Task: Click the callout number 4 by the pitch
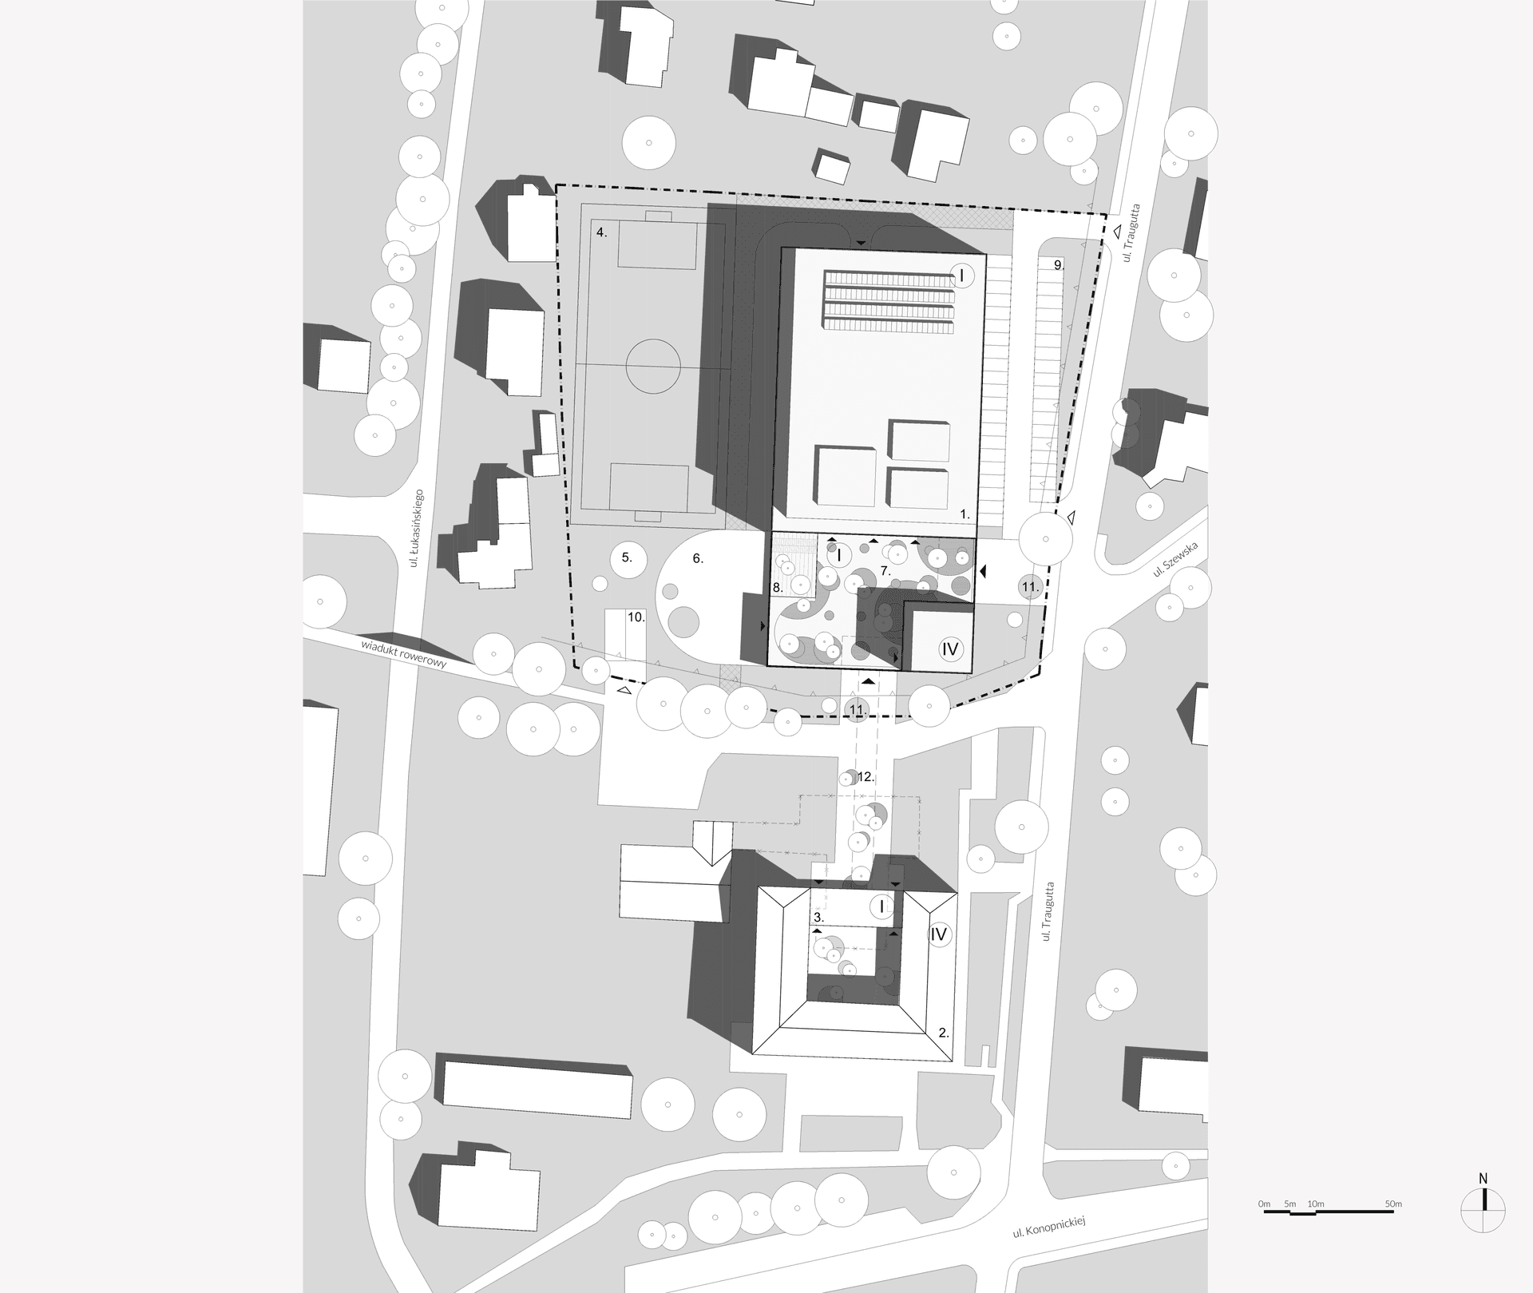click(602, 232)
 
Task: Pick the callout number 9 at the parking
click(1059, 265)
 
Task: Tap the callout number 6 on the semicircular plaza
click(698, 559)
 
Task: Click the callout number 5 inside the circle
click(627, 558)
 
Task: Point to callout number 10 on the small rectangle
click(636, 617)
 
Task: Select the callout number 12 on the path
click(866, 776)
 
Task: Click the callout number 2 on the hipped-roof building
click(944, 1033)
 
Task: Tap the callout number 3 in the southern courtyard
click(818, 918)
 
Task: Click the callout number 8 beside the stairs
click(778, 588)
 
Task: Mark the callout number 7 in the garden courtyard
click(885, 570)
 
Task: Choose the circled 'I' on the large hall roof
click(962, 276)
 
